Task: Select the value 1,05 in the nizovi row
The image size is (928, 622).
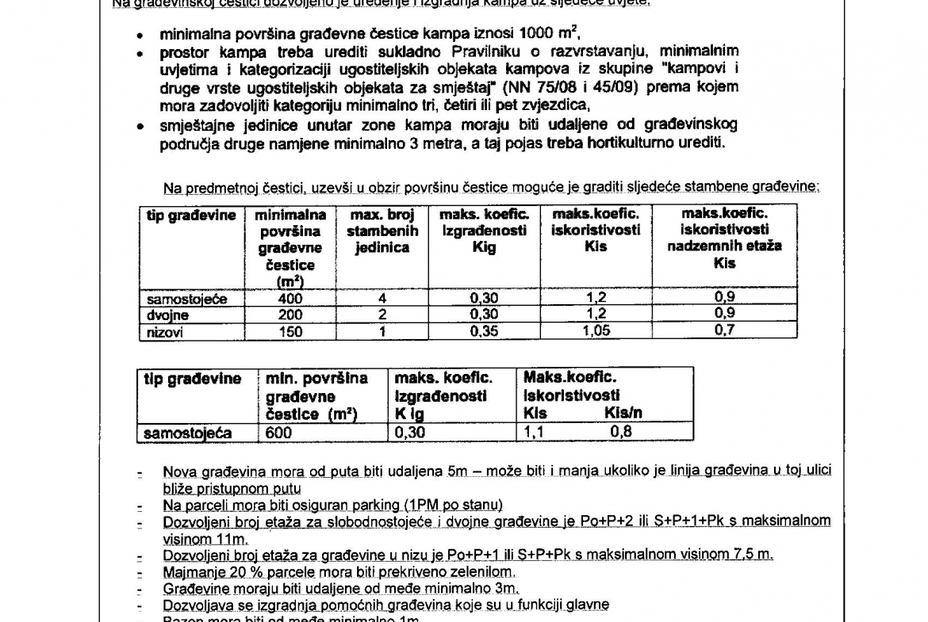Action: click(596, 332)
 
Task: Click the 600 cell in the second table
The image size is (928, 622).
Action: click(279, 433)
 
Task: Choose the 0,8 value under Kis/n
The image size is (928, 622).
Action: click(622, 433)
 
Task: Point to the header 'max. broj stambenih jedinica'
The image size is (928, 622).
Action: click(378, 231)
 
